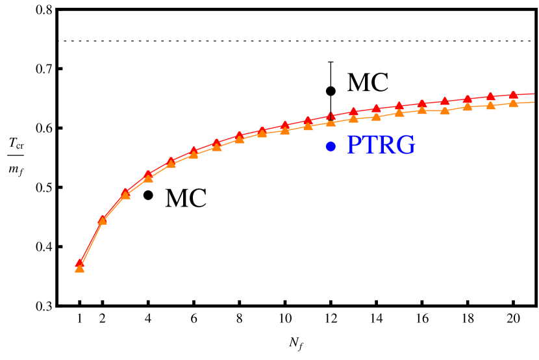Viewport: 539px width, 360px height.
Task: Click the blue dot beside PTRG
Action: [331, 147]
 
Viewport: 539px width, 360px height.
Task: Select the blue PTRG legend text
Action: [381, 146]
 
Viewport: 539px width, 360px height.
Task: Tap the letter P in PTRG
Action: [354, 146]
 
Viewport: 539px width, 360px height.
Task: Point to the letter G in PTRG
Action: [406, 146]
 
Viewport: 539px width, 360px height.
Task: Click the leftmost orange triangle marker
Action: [79, 268]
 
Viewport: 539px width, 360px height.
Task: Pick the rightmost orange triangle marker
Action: [513, 103]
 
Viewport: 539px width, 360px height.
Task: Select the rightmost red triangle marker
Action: [513, 95]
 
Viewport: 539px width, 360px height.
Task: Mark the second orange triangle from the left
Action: [102, 220]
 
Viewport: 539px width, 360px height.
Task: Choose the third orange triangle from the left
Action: [125, 195]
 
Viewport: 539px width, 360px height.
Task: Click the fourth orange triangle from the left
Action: [148, 177]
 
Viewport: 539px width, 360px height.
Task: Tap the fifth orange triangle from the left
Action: [171, 164]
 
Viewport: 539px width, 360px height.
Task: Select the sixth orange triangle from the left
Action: [194, 154]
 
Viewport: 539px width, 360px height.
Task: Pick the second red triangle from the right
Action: [490, 97]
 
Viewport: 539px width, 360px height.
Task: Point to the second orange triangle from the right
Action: [490, 105]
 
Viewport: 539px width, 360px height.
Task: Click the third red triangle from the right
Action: [468, 99]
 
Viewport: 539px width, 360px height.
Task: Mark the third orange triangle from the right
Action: [468, 107]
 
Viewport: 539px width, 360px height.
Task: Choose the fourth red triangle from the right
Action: [445, 101]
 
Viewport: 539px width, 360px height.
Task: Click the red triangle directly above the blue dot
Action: [331, 116]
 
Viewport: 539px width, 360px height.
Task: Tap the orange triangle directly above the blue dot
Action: [331, 122]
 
